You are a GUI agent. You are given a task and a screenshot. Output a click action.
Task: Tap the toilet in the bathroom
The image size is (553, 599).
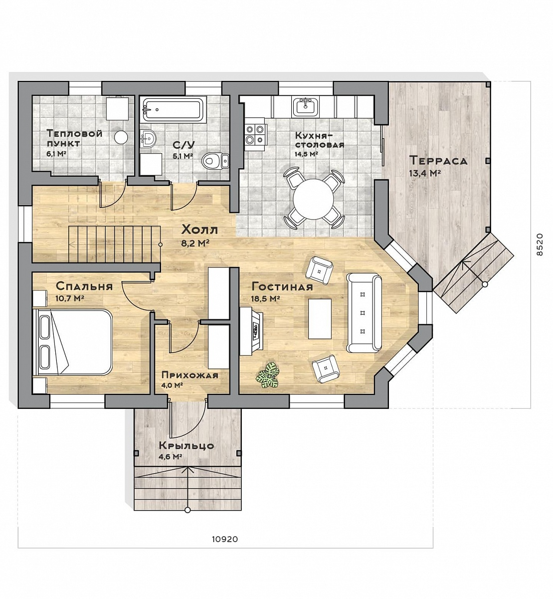coord(216,160)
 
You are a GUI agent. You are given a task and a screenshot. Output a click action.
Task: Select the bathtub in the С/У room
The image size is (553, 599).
coord(174,110)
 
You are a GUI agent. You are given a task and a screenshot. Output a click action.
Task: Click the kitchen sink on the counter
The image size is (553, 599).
coord(305,107)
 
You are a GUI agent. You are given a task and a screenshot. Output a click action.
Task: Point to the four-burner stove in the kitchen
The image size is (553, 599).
coord(255,134)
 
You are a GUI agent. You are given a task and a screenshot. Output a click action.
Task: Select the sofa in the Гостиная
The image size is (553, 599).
coord(364,313)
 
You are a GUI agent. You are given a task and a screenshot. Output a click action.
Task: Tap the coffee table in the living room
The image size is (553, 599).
coord(320,318)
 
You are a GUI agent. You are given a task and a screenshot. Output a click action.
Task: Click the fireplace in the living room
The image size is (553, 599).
coord(251,331)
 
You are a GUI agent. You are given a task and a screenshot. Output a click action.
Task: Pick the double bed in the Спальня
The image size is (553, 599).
coord(72,342)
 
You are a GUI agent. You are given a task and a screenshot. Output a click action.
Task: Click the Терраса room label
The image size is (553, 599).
coord(438,160)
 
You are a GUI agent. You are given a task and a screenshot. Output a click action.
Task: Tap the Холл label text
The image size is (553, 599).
coord(199,230)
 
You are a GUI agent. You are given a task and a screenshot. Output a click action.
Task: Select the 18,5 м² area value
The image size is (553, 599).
coord(265,299)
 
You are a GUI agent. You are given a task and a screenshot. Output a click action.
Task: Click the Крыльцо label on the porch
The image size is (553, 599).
coord(186,446)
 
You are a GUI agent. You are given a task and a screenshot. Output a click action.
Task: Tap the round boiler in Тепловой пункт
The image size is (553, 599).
coord(121,137)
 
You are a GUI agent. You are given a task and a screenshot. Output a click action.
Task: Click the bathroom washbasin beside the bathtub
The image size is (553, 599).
coord(149,139)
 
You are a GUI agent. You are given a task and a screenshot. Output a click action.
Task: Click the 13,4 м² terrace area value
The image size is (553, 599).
coord(425,173)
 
